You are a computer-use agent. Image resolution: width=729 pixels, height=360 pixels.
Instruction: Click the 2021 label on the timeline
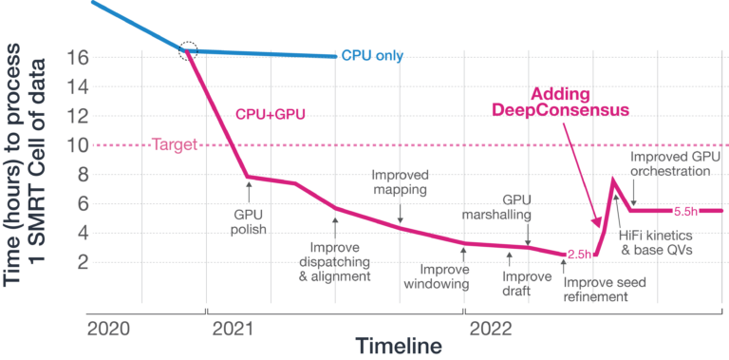237,329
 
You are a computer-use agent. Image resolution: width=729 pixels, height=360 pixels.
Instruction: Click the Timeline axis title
399,346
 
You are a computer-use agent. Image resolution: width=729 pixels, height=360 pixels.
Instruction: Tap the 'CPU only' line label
372,56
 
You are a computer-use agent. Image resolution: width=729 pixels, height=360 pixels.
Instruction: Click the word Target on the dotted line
174,145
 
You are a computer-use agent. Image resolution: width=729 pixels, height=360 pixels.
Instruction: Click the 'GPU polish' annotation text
249,221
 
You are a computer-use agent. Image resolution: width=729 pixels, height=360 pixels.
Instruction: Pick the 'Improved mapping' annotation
400,183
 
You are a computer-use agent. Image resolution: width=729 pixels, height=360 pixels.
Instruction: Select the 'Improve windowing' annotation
463,275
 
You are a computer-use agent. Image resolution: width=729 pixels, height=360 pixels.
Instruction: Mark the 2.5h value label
579,254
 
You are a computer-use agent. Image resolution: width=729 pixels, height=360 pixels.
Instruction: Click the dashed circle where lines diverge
189,50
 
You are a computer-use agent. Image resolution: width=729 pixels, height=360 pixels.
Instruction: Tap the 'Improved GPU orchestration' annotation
670,163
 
